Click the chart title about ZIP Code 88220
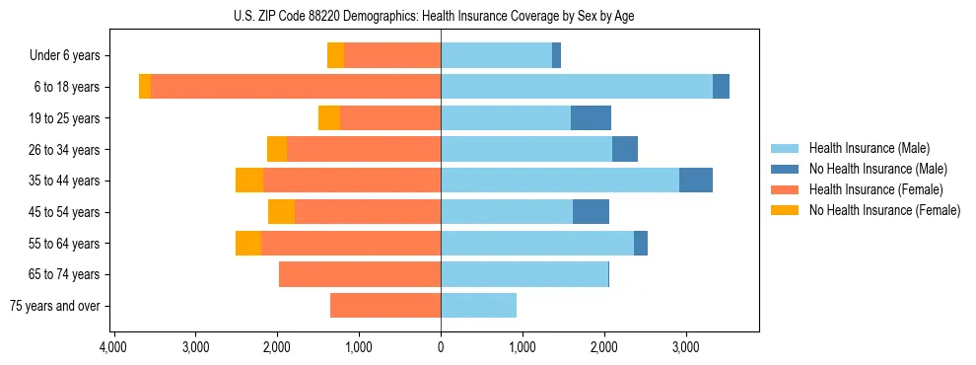click(441, 16)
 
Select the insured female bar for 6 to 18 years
click(296, 87)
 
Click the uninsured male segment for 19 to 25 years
click(591, 118)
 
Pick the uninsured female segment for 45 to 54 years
click(281, 212)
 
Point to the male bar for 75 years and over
click(478, 306)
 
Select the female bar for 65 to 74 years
click(360, 274)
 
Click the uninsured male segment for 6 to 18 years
click(721, 87)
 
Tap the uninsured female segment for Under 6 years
click(335, 55)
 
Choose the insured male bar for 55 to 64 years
click(537, 244)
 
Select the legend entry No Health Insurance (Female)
click(883, 210)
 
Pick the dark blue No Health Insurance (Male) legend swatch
click(785, 169)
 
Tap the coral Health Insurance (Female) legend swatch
click(785, 189)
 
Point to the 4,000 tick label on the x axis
click(113, 347)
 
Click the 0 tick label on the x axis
click(441, 347)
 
